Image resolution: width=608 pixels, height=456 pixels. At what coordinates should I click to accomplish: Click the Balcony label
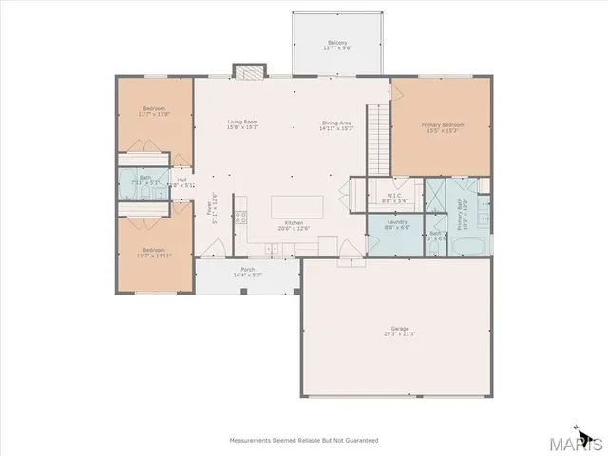point(336,42)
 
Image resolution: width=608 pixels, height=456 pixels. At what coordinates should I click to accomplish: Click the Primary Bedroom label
point(442,124)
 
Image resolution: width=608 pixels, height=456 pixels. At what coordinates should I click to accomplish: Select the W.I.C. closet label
point(394,195)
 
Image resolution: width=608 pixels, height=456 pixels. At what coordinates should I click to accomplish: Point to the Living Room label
point(242,122)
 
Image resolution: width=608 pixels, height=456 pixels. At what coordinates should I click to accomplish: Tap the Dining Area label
point(337,122)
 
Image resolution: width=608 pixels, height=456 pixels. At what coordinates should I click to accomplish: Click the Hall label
point(181,179)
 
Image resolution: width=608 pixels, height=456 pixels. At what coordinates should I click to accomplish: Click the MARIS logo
point(579,442)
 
